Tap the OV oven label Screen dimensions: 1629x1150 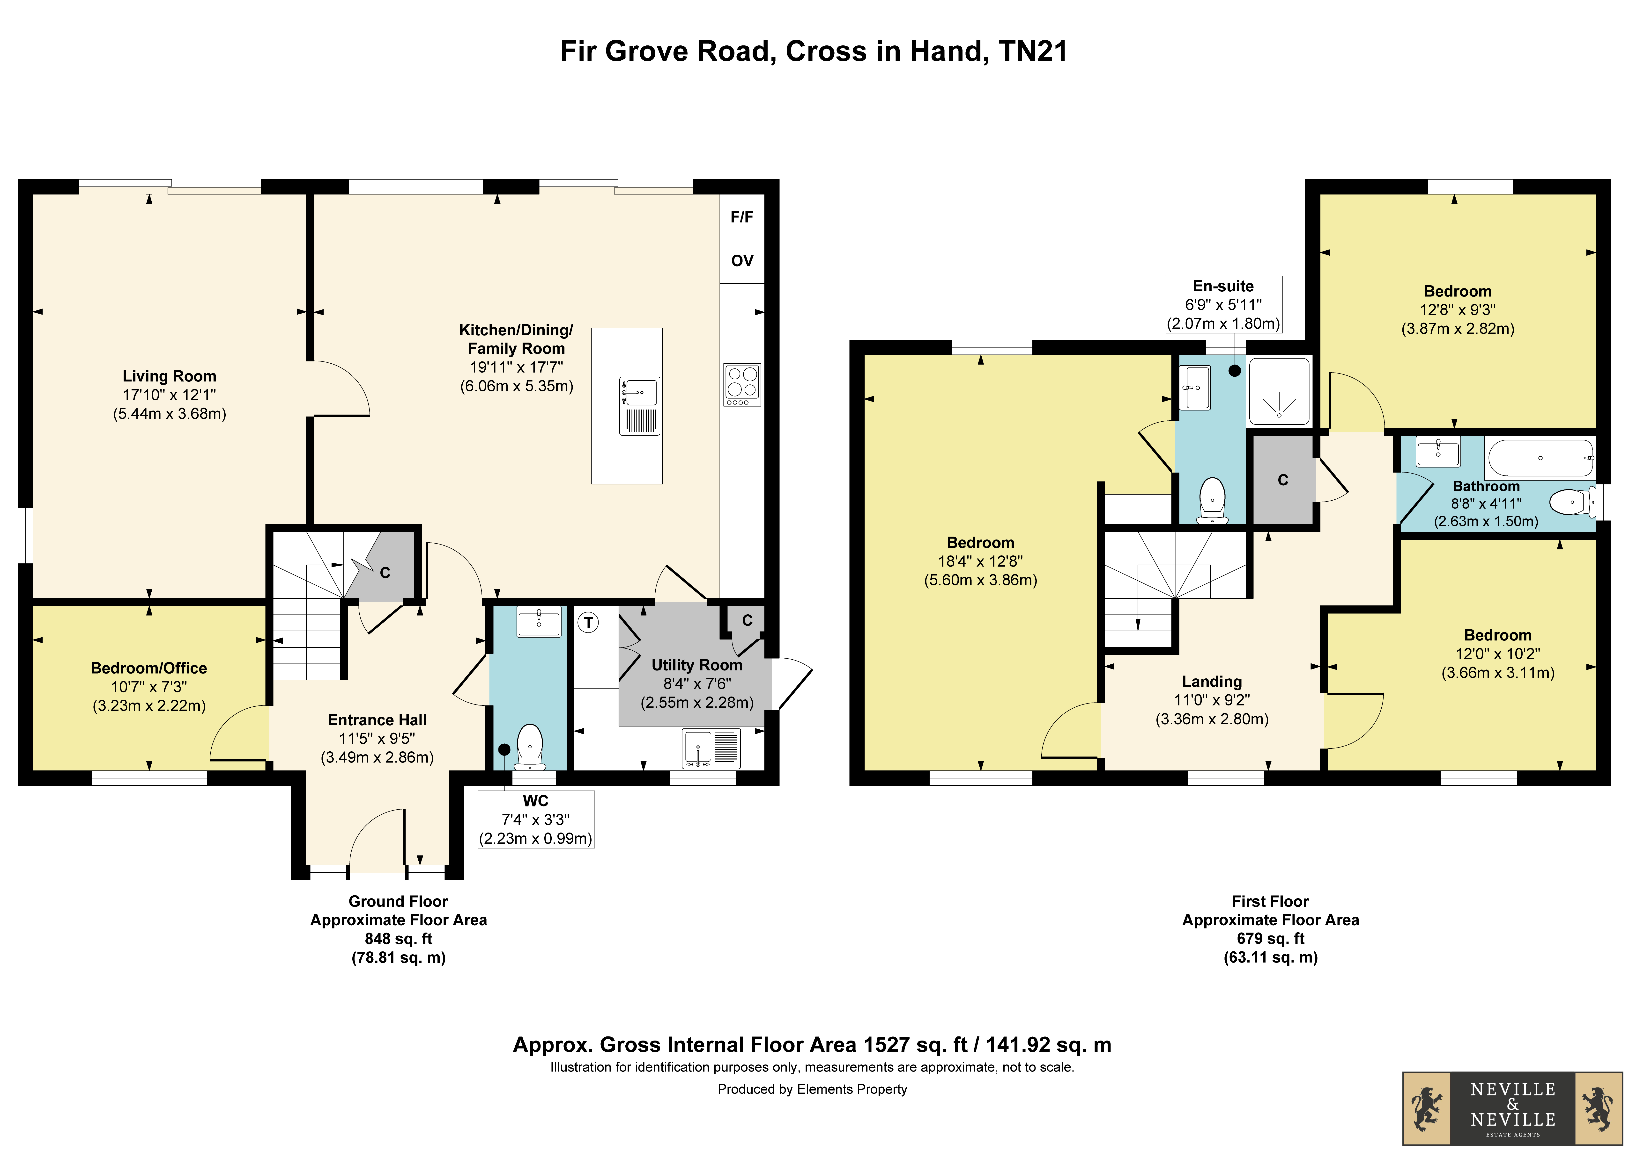point(742,261)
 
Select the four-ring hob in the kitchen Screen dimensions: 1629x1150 point(742,385)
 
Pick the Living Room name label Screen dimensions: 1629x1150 point(170,376)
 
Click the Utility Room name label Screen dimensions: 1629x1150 point(697,665)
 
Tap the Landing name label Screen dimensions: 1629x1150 point(1212,681)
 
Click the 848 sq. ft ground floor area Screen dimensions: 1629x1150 point(399,939)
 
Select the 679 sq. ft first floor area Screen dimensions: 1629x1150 point(1271,939)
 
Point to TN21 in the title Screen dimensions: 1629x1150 point(1033,51)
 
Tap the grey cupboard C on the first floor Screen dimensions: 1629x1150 point(1283,480)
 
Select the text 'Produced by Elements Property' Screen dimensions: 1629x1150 point(812,1089)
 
